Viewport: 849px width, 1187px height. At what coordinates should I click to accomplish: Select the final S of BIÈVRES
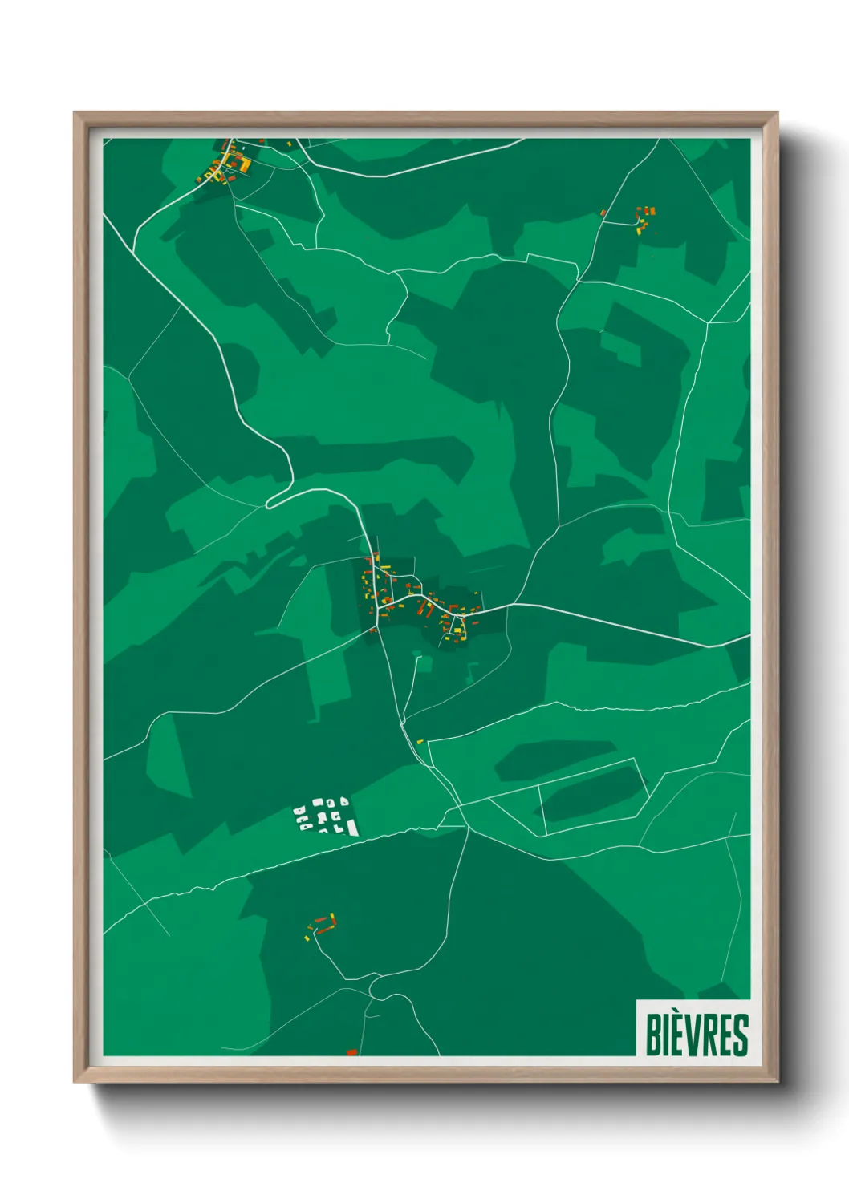(x=741, y=1035)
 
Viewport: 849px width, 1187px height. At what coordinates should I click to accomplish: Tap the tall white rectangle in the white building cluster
(x=351, y=827)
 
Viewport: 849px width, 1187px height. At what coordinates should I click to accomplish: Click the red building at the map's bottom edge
(x=351, y=1051)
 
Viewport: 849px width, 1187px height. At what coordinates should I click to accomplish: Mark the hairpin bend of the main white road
(x=270, y=503)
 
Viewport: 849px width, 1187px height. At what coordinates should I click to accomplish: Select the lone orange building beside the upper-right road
(x=603, y=213)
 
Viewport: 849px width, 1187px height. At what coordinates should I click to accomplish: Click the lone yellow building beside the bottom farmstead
(x=307, y=937)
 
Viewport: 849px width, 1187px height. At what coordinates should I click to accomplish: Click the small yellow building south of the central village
(x=419, y=742)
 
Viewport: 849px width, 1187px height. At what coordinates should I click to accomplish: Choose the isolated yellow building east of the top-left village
(x=289, y=144)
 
